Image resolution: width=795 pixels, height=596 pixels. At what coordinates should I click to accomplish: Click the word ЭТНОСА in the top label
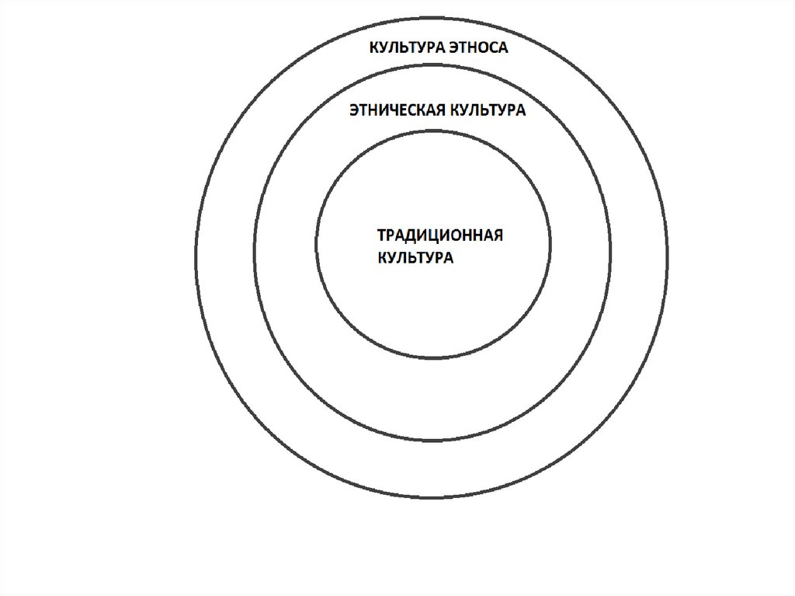coord(478,48)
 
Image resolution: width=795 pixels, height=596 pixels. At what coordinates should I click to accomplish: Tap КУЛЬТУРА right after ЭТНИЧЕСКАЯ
coord(487,110)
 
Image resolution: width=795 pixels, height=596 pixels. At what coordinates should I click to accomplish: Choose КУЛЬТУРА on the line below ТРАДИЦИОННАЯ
coord(415,258)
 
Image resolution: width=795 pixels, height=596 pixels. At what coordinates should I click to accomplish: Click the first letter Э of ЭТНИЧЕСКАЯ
coord(353,110)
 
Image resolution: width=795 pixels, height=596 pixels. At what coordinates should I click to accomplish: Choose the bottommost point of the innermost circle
coord(434,359)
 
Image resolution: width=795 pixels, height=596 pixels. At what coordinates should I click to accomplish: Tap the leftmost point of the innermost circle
coord(316,244)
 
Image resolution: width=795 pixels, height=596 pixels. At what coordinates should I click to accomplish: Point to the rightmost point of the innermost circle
coord(551,244)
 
